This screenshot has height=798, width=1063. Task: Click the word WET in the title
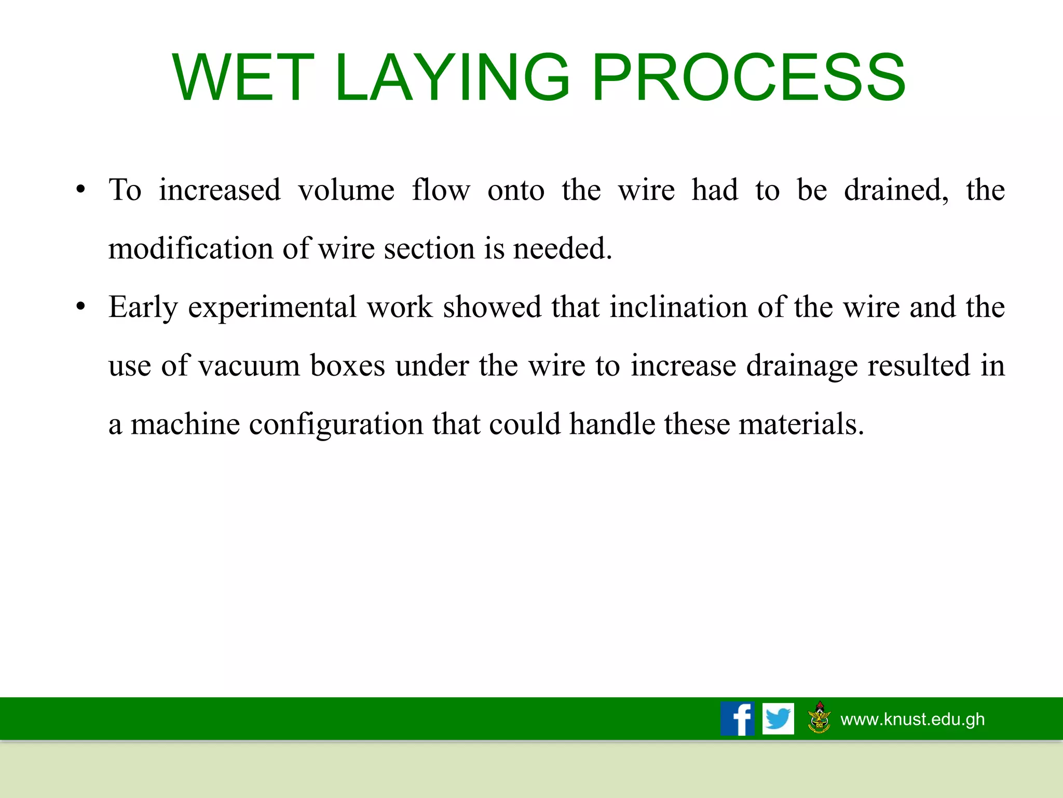[243, 78]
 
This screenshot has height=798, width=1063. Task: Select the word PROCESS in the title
[748, 78]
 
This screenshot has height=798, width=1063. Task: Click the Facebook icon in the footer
[737, 719]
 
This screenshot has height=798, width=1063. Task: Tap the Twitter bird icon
[778, 719]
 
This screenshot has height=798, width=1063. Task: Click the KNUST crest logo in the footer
[820, 718]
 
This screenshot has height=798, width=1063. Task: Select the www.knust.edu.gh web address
[912, 720]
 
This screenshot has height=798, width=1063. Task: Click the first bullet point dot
[80, 190]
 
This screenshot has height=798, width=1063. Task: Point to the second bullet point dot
[80, 307]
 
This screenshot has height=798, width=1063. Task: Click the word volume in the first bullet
[346, 190]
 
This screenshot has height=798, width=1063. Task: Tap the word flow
[441, 190]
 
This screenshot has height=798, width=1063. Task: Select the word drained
[896, 190]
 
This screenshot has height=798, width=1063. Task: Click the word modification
[190, 248]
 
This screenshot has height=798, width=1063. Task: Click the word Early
[143, 307]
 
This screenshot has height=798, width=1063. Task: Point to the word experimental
[272, 307]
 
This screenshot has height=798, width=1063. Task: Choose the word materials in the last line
[801, 424]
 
